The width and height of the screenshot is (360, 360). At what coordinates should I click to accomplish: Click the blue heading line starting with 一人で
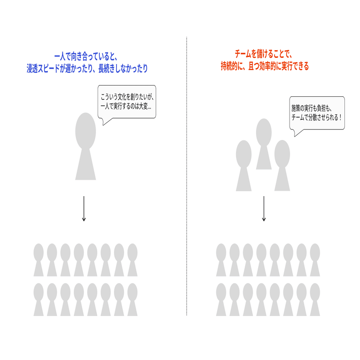pos(87,56)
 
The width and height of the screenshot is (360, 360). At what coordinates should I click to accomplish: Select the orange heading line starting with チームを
pos(263,54)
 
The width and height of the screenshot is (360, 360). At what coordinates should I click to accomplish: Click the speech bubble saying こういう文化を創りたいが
pos(127,101)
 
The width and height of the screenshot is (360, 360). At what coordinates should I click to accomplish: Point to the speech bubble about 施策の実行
pos(317,113)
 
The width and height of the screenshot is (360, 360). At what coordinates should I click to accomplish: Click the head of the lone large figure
pos(85,131)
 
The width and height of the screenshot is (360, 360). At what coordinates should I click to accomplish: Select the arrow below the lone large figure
pos(84,208)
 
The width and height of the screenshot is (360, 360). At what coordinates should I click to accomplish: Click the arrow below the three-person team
pos(264,208)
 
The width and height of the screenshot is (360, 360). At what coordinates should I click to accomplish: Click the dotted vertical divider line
pos(186,176)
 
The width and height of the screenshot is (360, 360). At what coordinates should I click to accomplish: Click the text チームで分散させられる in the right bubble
pos(315,117)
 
